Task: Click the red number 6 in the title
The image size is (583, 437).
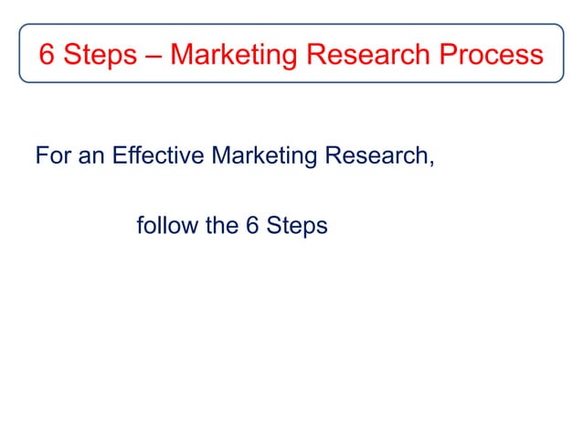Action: [47, 55]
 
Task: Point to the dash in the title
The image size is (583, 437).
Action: [154, 56]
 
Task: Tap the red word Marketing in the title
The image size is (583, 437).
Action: [233, 55]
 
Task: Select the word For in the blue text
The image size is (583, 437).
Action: [52, 156]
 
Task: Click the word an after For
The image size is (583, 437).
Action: [90, 156]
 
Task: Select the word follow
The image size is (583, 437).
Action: [167, 225]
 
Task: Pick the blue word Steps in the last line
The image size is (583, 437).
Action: [297, 225]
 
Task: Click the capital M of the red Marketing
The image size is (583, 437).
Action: [183, 55]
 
